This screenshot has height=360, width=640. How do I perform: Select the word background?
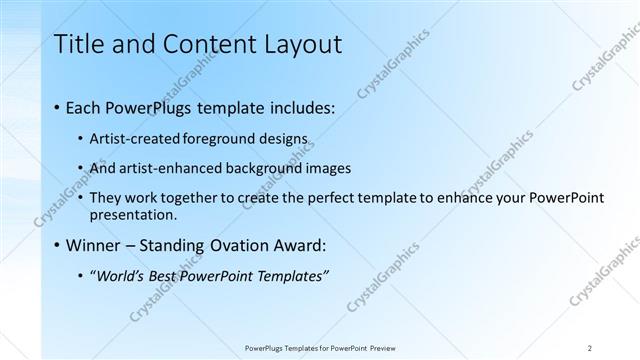point(268,168)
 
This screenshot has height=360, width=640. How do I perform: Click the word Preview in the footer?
point(379,348)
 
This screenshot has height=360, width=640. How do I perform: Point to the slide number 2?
point(589,348)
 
